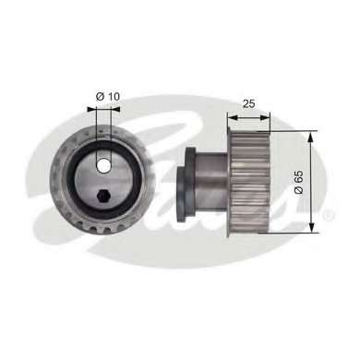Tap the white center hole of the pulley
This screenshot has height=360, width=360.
pos(103,167)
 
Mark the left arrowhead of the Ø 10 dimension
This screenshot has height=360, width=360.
pos(92,108)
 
